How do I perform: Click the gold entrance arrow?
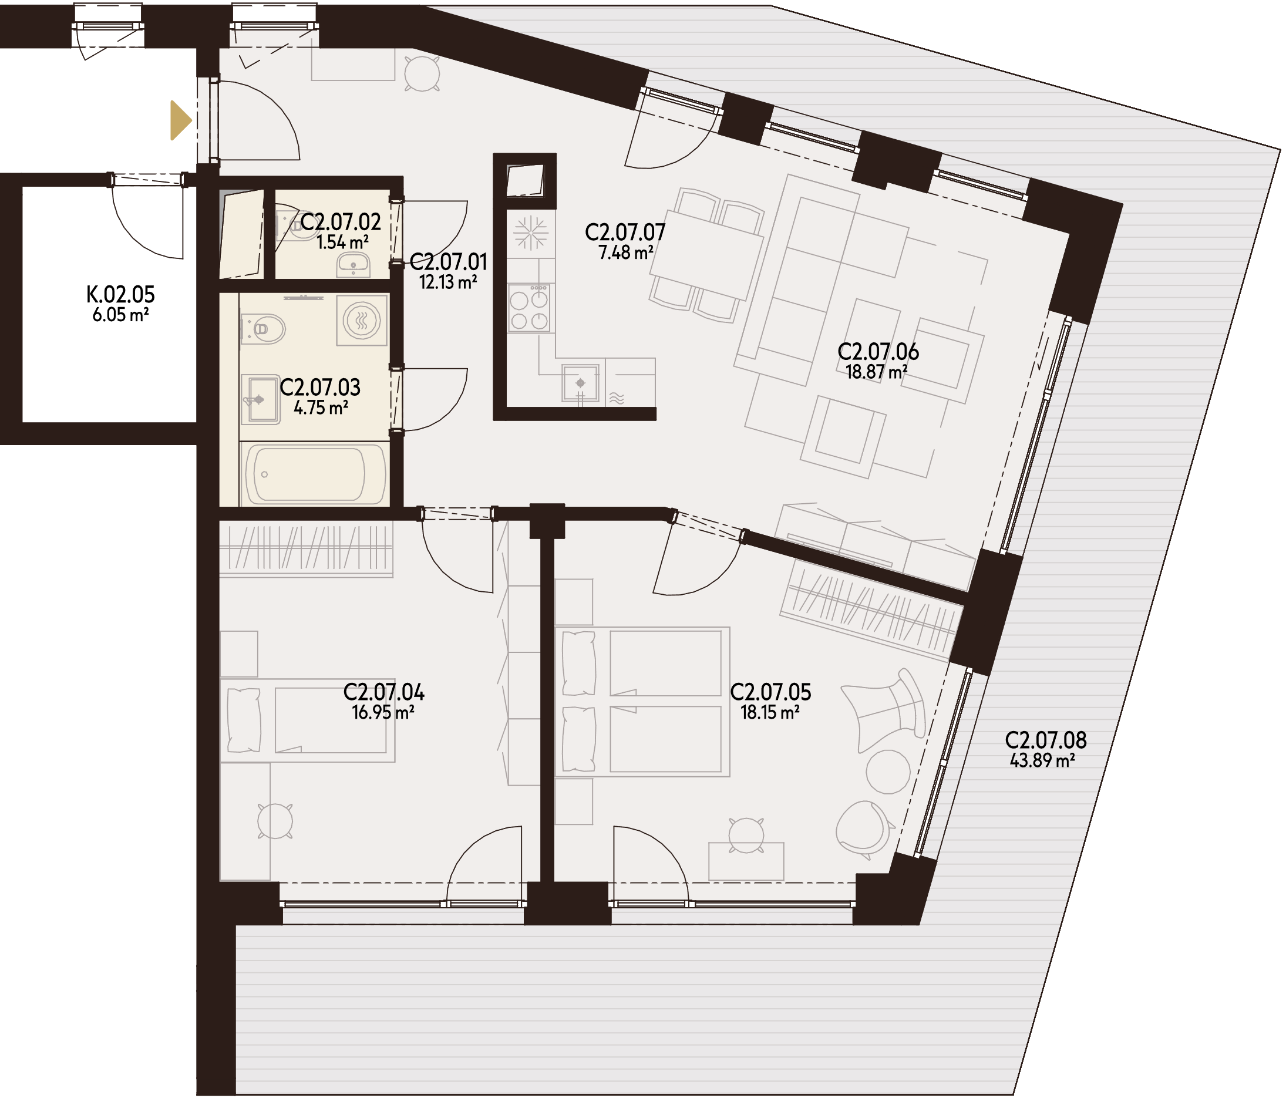[181, 120]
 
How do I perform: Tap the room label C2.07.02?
[341, 221]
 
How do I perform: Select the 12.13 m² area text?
[448, 282]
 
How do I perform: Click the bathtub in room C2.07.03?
[315, 474]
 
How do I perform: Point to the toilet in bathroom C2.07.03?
[263, 329]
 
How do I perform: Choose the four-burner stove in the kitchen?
[530, 308]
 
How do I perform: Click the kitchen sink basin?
[581, 383]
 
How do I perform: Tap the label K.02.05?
[121, 294]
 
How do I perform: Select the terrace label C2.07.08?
[1046, 740]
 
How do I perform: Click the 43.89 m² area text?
[1043, 760]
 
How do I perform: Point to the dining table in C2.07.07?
[706, 256]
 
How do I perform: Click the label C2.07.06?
[878, 351]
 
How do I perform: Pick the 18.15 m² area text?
[770, 712]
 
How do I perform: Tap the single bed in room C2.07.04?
[308, 720]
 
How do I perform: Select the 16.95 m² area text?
[383, 712]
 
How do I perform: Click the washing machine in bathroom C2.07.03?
[362, 320]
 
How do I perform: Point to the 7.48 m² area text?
[625, 252]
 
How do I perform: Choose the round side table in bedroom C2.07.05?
[888, 772]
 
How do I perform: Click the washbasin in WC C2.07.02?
[353, 265]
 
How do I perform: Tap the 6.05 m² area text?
[120, 315]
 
